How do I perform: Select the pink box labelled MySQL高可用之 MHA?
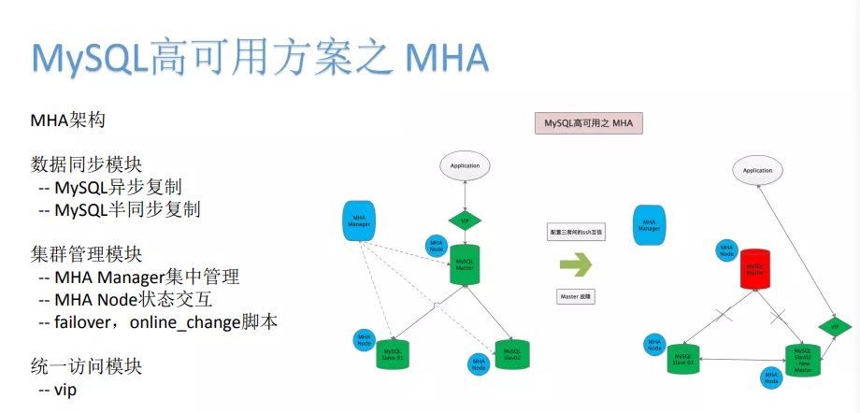[589, 123]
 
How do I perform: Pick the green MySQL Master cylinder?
[465, 265]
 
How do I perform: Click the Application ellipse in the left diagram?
[465, 165]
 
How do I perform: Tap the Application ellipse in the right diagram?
[757, 170]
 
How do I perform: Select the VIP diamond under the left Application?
[465, 221]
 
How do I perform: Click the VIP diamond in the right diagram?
[835, 327]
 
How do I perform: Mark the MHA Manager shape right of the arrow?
[649, 225]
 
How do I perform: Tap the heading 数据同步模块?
[86, 164]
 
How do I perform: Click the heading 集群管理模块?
[86, 253]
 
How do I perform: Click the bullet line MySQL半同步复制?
[127, 209]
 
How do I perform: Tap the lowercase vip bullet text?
[65, 389]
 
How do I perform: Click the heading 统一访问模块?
[86, 366]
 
